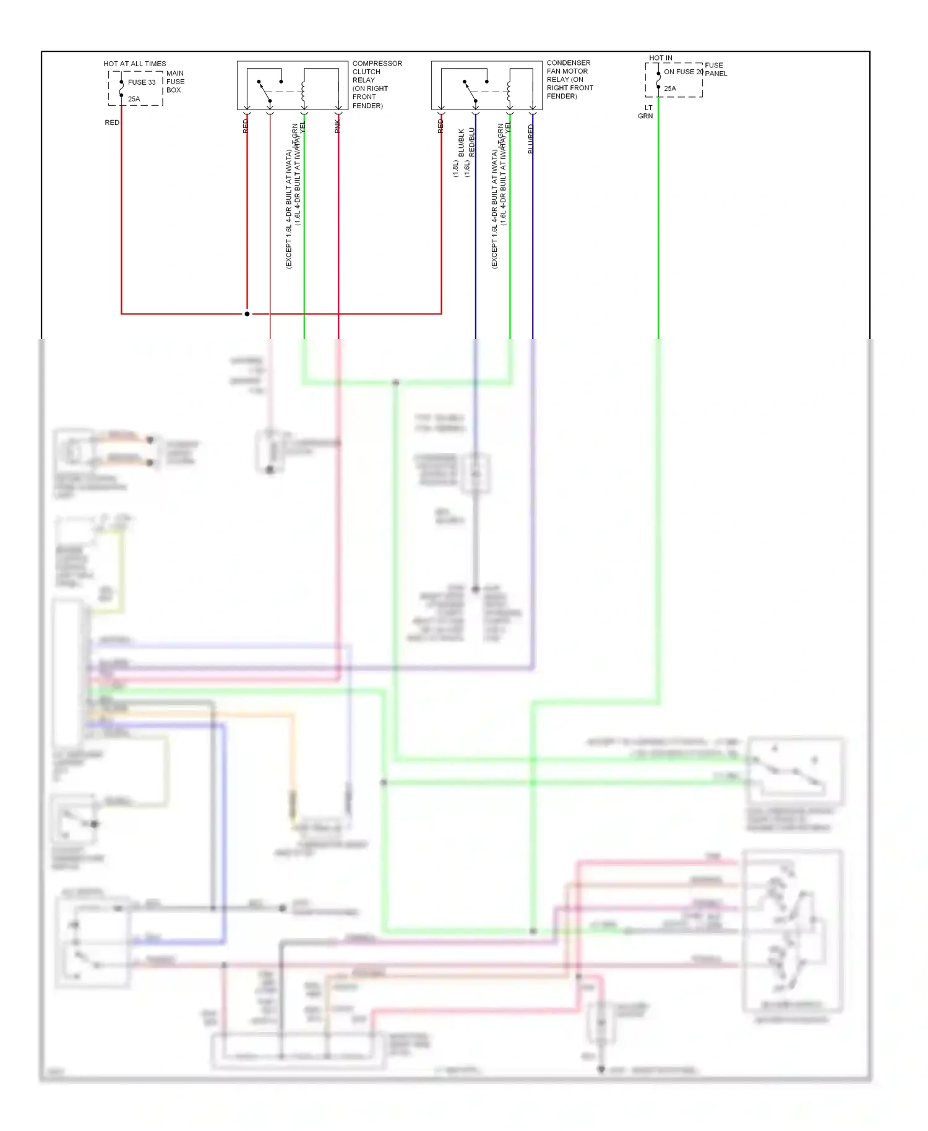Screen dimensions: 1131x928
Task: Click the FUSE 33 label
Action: point(142,82)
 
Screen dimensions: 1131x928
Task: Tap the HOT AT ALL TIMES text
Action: point(134,64)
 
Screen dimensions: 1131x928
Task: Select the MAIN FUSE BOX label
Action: point(175,82)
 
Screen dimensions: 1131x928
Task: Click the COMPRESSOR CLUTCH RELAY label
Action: point(376,84)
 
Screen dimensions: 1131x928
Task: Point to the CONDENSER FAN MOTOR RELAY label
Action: point(569,79)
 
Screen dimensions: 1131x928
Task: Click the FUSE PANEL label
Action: point(716,69)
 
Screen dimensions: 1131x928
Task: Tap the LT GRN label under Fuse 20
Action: point(646,112)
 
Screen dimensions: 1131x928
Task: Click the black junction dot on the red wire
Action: point(247,314)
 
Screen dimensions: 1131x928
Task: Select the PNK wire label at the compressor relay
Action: point(338,127)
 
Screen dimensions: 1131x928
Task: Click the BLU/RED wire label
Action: point(531,139)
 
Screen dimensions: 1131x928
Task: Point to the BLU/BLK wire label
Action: point(462,143)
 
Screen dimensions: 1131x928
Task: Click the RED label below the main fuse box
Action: point(112,123)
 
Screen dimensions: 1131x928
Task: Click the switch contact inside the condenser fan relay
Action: point(471,91)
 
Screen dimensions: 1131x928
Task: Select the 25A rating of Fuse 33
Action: point(134,99)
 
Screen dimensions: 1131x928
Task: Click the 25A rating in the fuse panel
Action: point(670,88)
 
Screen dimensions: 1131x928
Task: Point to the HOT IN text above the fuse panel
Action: point(660,58)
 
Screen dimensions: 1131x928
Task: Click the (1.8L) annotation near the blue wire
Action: point(455,168)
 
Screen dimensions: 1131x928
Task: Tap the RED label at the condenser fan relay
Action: point(440,126)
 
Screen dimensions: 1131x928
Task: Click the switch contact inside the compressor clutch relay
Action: point(265,91)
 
